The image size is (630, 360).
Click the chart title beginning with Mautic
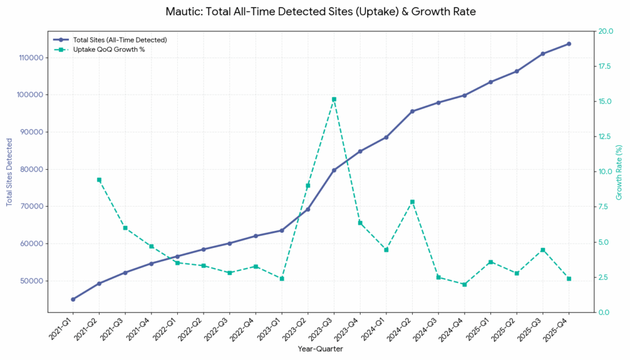tap(321, 12)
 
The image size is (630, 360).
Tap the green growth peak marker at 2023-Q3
tap(334, 99)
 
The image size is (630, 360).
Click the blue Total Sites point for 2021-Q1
tap(73, 299)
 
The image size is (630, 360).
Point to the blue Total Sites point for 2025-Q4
tap(568, 44)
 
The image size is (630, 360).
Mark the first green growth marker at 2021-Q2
tap(99, 180)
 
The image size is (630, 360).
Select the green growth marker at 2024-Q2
tap(412, 202)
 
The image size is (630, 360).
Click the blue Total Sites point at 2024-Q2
tap(412, 111)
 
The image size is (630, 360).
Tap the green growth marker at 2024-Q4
tap(465, 284)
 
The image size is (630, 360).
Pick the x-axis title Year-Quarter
tap(321, 349)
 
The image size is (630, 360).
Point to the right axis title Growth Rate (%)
tap(620, 172)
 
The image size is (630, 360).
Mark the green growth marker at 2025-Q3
tap(543, 250)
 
